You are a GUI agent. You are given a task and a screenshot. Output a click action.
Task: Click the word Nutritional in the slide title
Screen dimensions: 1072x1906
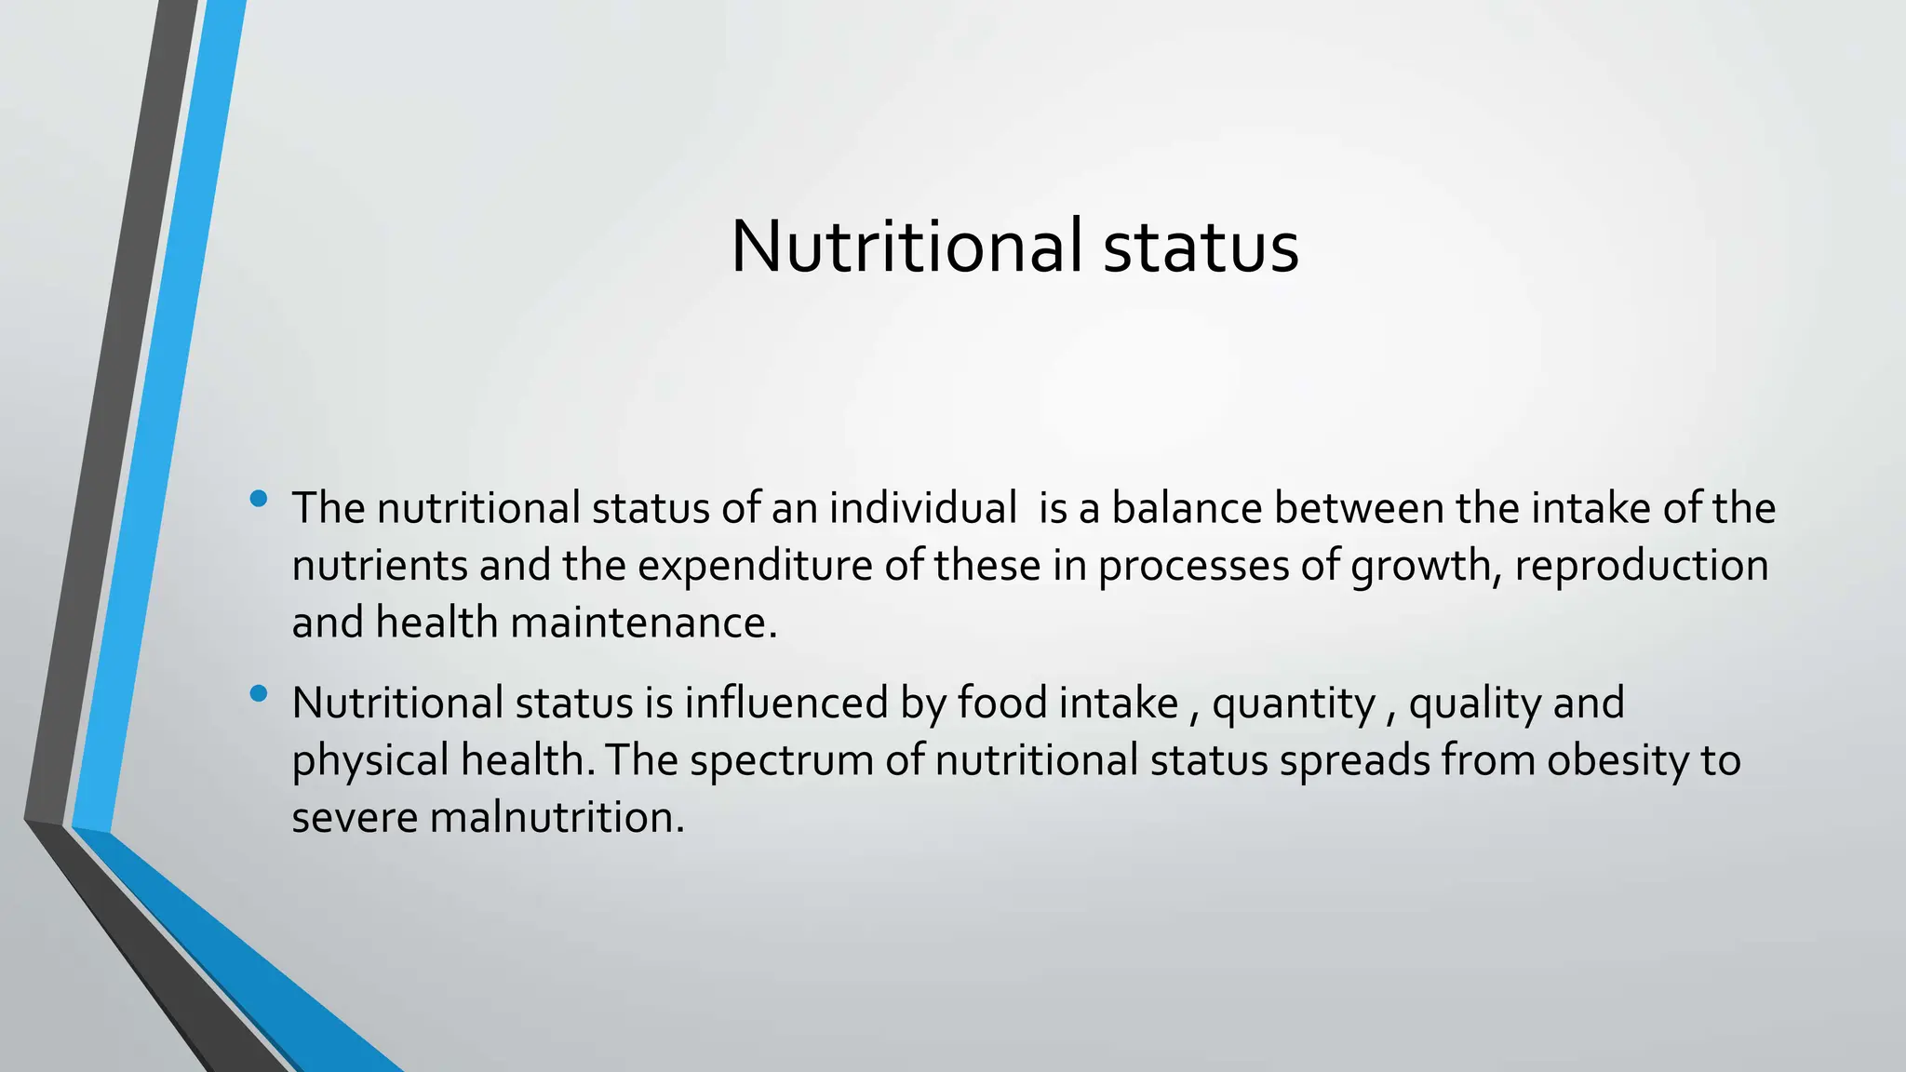pyautogui.click(x=906, y=247)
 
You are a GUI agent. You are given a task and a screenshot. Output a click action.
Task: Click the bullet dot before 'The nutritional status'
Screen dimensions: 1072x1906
pyautogui.click(x=259, y=499)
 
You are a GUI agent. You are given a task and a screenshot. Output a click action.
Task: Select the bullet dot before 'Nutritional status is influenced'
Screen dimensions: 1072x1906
pyautogui.click(x=259, y=693)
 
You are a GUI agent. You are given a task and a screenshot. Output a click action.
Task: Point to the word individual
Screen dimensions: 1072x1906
pyautogui.click(x=922, y=508)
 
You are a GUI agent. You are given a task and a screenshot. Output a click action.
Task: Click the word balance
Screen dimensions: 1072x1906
pyautogui.click(x=1187, y=508)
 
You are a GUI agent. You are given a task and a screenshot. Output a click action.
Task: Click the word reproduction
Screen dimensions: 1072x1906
pyautogui.click(x=1641, y=566)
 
